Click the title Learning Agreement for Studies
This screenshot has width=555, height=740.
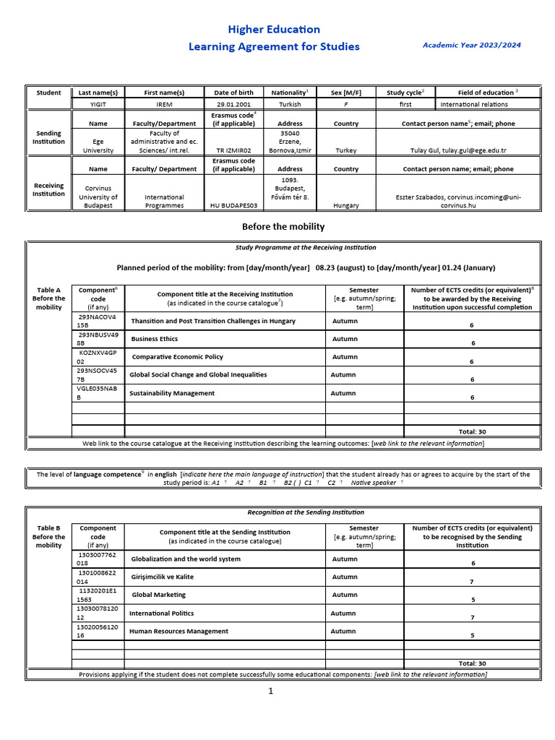click(x=274, y=47)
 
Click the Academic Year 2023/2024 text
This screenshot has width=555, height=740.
click(x=471, y=45)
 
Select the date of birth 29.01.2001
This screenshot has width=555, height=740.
click(x=233, y=104)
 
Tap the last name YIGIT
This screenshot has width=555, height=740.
click(x=98, y=104)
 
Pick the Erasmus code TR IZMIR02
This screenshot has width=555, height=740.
click(x=233, y=151)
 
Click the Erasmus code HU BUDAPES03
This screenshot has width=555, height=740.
click(x=233, y=205)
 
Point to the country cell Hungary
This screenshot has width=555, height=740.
click(x=346, y=205)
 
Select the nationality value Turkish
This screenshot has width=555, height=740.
click(x=290, y=104)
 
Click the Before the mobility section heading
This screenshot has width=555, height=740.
click(x=283, y=226)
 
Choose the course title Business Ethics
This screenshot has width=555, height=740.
click(x=155, y=339)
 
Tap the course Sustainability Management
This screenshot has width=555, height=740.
click(x=173, y=393)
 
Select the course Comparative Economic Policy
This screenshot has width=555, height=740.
click(x=178, y=357)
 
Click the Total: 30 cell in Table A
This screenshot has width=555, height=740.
click(x=472, y=431)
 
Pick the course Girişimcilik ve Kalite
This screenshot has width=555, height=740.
click(x=163, y=577)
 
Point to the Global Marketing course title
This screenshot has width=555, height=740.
click(x=159, y=595)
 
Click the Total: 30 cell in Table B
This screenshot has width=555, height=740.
click(x=472, y=663)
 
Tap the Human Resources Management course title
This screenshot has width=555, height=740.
click(x=178, y=631)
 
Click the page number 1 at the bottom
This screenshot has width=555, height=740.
click(x=271, y=692)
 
